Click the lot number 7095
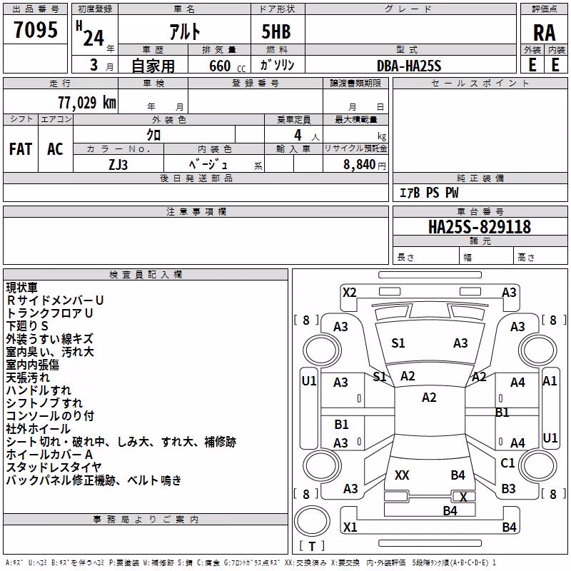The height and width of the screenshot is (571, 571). [x=36, y=30]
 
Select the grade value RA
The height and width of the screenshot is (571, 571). [x=544, y=33]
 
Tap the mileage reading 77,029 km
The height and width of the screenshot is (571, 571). [x=87, y=103]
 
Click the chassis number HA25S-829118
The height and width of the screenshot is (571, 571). [x=480, y=227]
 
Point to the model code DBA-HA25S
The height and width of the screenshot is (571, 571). [x=409, y=66]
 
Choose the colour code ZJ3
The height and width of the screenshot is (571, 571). [x=118, y=165]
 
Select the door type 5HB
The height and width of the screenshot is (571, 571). [x=276, y=31]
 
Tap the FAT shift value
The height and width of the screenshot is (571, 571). [x=21, y=149]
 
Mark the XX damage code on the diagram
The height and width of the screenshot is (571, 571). [x=402, y=475]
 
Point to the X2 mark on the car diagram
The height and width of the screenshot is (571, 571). [x=350, y=293]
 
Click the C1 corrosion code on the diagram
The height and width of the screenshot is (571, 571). [x=507, y=463]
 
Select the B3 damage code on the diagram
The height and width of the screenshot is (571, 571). [x=508, y=488]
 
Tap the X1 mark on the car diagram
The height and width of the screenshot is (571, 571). [x=350, y=527]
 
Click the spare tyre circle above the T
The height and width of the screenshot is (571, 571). [x=312, y=521]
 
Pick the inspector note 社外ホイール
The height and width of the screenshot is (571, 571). [x=39, y=429]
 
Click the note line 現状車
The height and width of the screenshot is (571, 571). [x=22, y=288]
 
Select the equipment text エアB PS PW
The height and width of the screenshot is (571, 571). [x=429, y=193]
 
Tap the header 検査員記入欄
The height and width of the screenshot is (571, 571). [x=146, y=275]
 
